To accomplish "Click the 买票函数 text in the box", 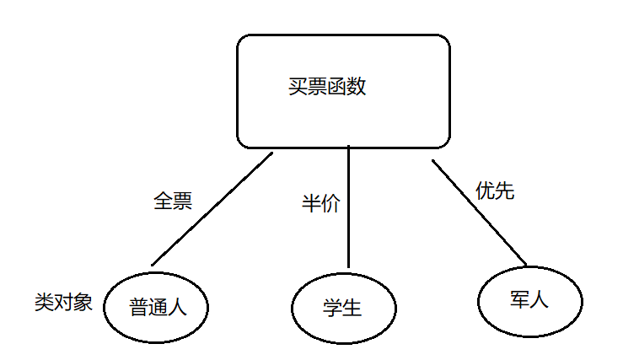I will click(327, 88).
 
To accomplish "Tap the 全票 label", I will click(173, 201).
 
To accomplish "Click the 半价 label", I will click(320, 204).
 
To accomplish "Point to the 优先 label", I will click(495, 191).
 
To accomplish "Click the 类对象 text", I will click(63, 302).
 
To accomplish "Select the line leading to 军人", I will click(478, 211).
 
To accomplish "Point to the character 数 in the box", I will click(357, 88).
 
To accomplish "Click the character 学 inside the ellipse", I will click(333, 308).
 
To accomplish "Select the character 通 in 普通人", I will click(157, 307).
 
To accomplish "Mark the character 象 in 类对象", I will click(83, 302).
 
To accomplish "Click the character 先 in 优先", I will click(504, 191).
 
